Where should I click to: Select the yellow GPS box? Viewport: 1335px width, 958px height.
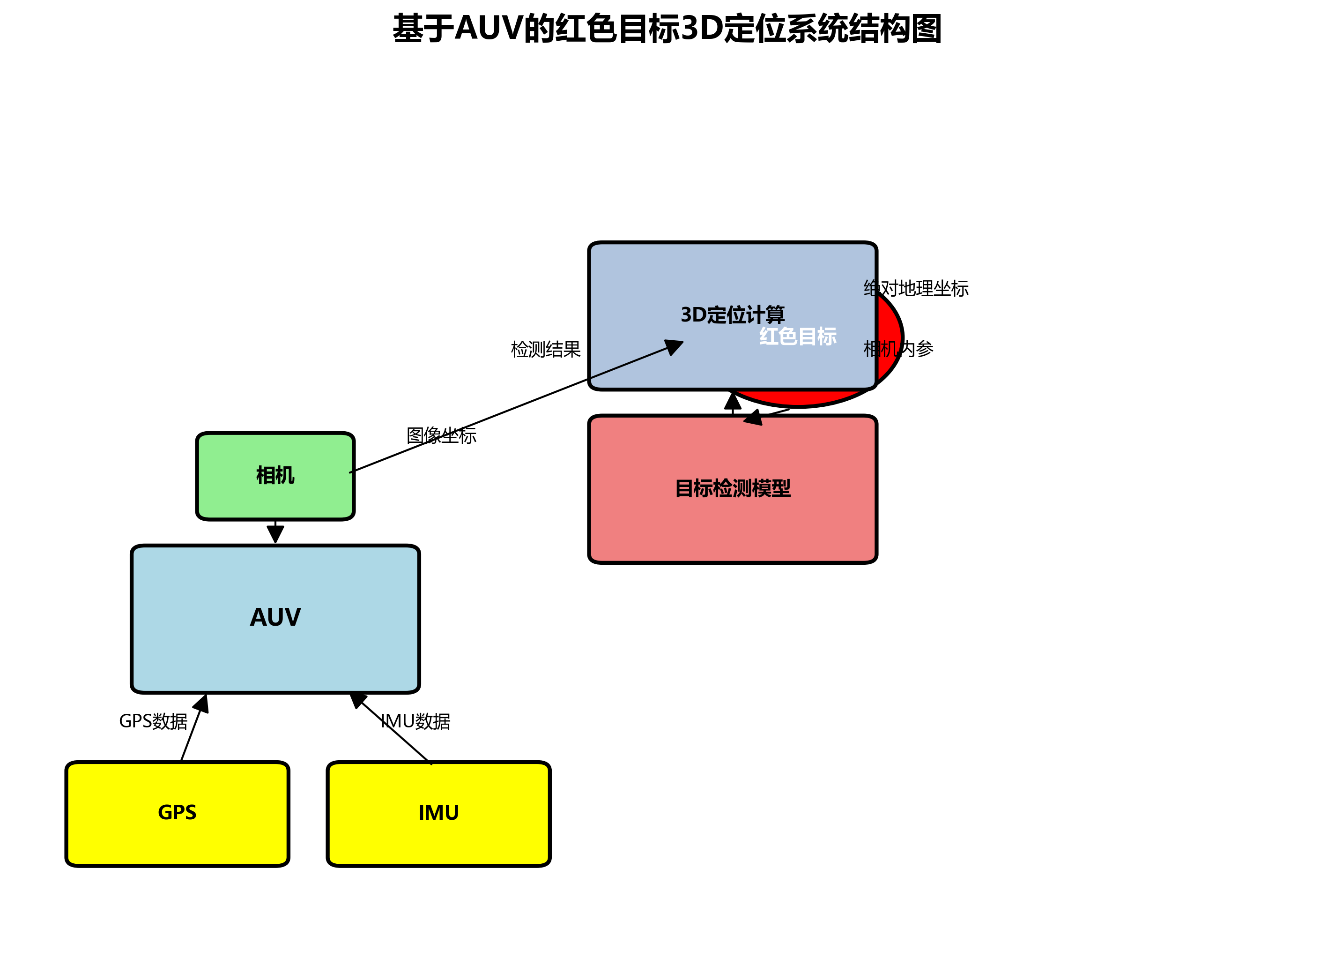coord(177,813)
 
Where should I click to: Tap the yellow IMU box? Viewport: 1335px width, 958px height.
coord(438,813)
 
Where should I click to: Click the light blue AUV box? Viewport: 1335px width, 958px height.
coord(275,618)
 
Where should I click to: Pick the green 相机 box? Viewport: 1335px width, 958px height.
coord(275,475)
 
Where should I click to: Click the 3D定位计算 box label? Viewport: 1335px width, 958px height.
coord(732,314)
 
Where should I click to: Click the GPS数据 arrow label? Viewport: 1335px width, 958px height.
coord(153,721)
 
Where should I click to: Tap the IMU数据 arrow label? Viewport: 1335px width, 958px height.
coord(415,721)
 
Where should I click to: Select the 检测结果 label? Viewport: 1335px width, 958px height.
coord(546,349)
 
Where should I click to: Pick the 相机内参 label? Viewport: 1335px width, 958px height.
coord(898,349)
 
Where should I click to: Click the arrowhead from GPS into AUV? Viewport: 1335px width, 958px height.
coord(202,703)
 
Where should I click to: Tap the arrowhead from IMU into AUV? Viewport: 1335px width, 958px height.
coord(357,700)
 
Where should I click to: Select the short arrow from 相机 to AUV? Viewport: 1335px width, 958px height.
coord(275,531)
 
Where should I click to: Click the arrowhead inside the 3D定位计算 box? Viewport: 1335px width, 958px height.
coord(674,346)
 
